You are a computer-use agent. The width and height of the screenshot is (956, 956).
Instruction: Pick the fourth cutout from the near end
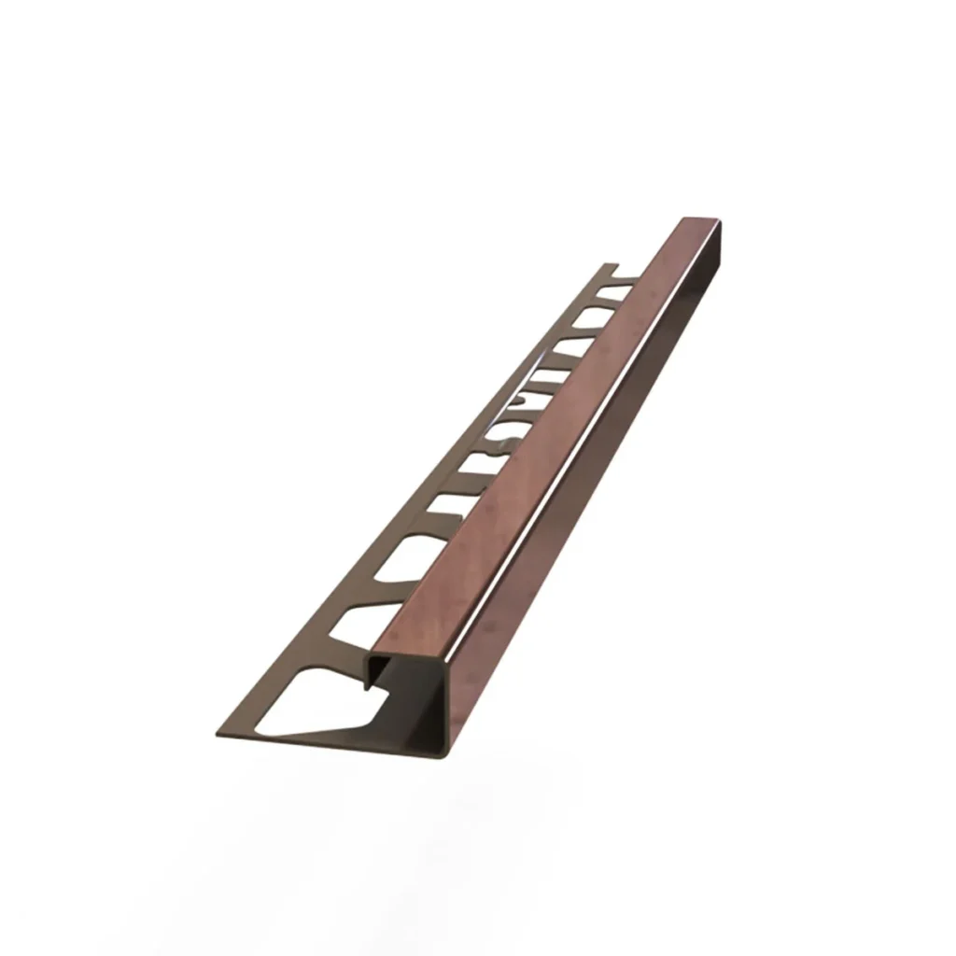(x=447, y=510)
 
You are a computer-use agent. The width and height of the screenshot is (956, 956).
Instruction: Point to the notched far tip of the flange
(x=611, y=270)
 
